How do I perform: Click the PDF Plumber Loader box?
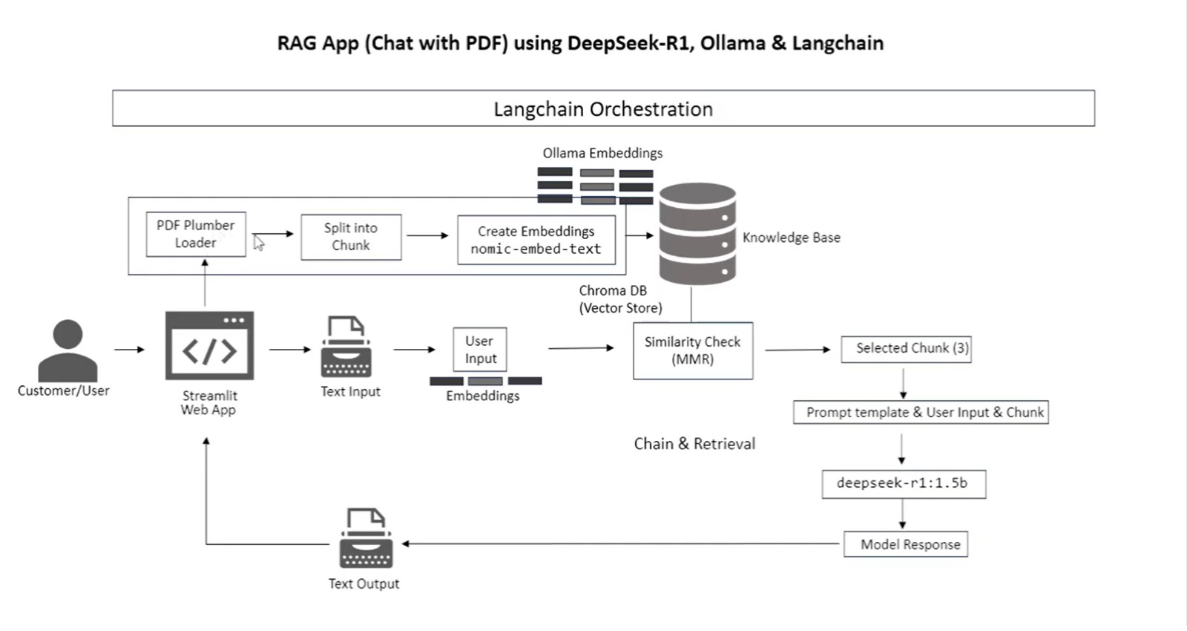tap(196, 234)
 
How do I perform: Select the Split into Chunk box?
tap(351, 237)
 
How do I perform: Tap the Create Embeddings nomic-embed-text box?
tap(536, 240)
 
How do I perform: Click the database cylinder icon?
tap(697, 234)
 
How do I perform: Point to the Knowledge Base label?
tap(792, 238)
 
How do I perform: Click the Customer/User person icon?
tap(68, 350)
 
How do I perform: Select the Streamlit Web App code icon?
tap(209, 346)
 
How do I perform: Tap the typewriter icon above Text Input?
tap(346, 347)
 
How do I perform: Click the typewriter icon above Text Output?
tap(366, 538)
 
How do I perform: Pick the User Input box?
tap(480, 350)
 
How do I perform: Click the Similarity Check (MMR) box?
tap(693, 350)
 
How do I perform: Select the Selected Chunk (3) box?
tap(906, 348)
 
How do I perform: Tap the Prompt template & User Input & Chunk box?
tap(921, 412)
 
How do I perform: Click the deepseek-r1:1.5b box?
tap(904, 483)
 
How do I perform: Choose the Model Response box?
tap(906, 544)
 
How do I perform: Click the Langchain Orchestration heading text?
tap(603, 109)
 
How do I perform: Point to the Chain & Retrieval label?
tap(694, 444)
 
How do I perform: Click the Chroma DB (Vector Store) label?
tap(620, 299)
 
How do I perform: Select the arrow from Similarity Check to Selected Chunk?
tap(798, 349)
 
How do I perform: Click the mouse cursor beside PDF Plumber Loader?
tap(258, 243)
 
